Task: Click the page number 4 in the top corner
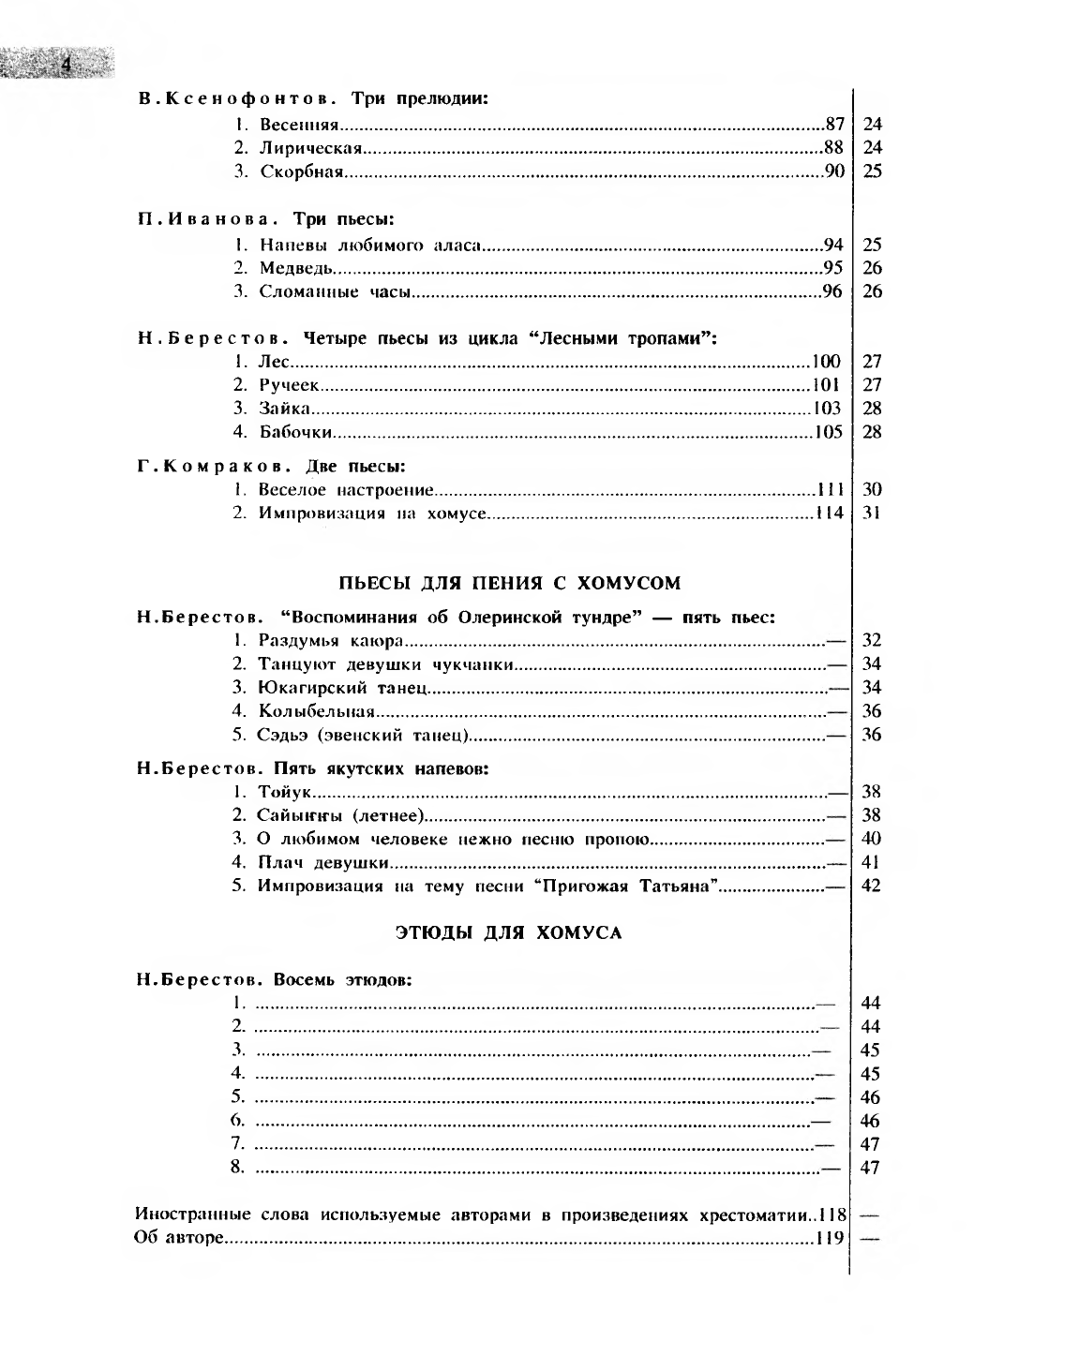click(x=66, y=64)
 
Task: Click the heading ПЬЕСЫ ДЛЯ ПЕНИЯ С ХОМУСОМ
click(x=509, y=583)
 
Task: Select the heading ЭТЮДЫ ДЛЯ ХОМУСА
click(x=509, y=933)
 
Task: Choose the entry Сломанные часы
click(x=336, y=291)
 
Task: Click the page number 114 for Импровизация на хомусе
click(x=830, y=513)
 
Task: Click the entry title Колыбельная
click(x=317, y=711)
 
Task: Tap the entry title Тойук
click(x=285, y=792)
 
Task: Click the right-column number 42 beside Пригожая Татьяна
click(x=871, y=886)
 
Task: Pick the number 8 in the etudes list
click(x=238, y=1168)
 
